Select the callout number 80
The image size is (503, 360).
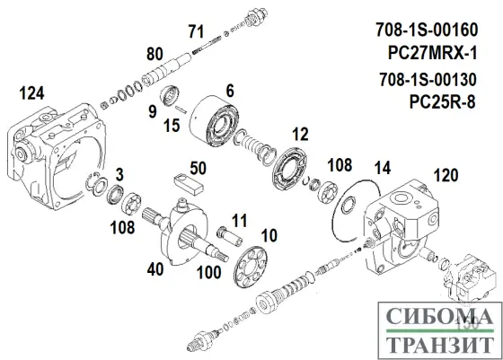154,52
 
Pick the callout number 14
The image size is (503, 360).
382,168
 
